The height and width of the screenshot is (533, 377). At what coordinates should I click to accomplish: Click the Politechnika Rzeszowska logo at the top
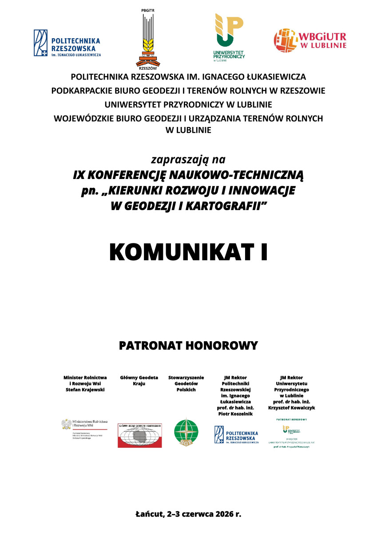click(67, 43)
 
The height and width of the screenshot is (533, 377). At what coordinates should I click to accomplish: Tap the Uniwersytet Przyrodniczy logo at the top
click(229, 38)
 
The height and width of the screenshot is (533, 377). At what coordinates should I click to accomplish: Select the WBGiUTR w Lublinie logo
click(310, 40)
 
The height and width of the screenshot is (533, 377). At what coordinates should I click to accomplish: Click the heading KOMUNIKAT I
click(188, 252)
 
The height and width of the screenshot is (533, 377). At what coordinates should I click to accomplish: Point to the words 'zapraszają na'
click(188, 159)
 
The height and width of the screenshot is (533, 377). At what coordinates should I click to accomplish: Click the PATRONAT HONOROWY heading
click(188, 345)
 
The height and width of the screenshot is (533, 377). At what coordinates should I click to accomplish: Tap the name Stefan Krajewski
click(85, 390)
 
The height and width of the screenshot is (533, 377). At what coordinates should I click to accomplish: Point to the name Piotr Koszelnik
click(235, 414)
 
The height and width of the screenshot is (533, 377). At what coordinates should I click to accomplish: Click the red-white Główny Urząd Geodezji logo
click(139, 435)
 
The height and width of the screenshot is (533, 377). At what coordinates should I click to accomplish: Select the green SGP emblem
click(186, 434)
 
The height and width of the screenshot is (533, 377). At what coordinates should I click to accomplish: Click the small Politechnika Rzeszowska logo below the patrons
click(236, 435)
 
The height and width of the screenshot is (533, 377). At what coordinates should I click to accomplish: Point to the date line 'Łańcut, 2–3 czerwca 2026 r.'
click(188, 514)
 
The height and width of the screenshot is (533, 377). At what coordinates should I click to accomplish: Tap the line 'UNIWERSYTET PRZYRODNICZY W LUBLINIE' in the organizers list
click(188, 105)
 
